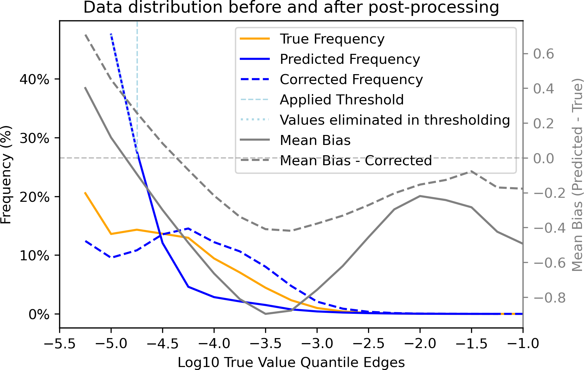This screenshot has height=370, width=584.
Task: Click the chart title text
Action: click(291, 7)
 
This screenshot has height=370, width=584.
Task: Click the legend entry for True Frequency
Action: click(332, 39)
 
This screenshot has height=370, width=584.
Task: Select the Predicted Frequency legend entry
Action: click(350, 59)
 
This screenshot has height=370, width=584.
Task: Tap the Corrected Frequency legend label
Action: click(351, 79)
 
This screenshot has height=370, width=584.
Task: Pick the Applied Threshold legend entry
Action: click(341, 100)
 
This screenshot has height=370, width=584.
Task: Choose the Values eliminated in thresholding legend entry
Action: click(395, 120)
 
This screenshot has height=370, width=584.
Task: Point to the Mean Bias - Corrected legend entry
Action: click(355, 161)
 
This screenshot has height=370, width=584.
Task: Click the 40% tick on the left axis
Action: click(35, 79)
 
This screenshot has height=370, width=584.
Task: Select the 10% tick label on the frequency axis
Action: click(35, 256)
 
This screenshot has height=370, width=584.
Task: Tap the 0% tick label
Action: click(39, 314)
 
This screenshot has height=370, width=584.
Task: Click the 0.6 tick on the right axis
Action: click(543, 54)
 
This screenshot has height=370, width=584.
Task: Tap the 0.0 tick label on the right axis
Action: click(543, 158)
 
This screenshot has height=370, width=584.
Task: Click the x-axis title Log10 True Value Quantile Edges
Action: click(291, 362)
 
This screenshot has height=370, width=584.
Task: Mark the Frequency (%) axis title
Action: click(6, 175)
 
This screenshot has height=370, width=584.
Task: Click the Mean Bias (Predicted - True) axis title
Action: click(577, 175)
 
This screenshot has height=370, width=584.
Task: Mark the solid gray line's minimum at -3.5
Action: click(265, 313)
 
